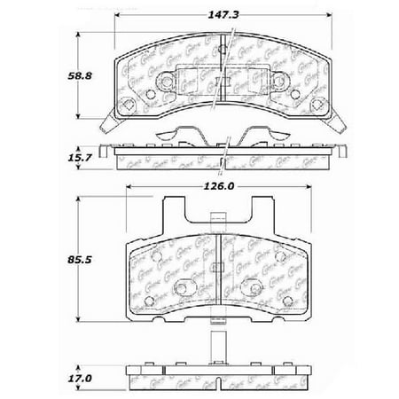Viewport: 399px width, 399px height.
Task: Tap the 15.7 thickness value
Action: [x=61, y=158]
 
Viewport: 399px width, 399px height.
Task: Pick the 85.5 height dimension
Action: [x=61, y=262]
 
